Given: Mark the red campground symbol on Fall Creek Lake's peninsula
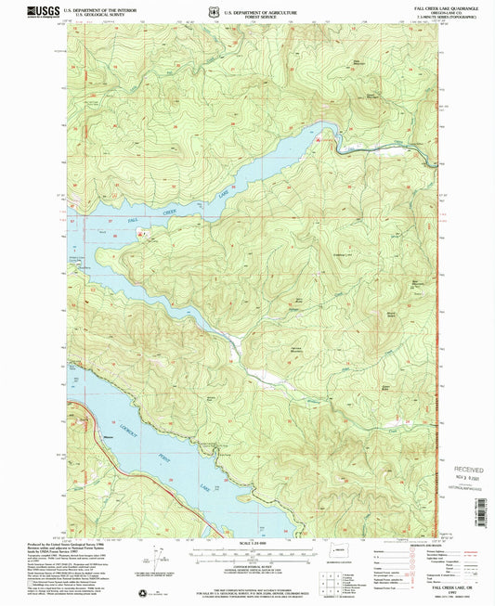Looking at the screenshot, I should (x=140, y=234).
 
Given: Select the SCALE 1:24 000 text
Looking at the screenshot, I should (x=246, y=542).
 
